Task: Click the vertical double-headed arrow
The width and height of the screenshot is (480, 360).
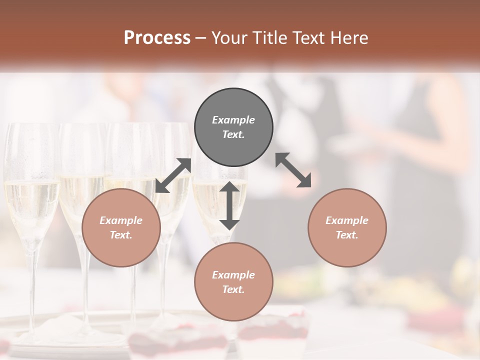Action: pos(229,205)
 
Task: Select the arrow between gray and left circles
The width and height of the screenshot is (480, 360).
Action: pos(173,175)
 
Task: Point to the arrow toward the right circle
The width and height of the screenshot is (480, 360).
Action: pos(293,170)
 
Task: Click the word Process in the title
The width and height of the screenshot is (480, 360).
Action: pos(157,38)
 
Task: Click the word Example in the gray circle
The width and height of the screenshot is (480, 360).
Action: pos(233,120)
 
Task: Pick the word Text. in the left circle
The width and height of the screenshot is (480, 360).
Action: pos(121,235)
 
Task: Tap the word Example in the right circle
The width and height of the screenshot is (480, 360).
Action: pos(347,220)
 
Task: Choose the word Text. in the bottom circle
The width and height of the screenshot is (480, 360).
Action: pos(233,289)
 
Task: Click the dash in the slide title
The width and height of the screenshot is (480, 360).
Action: pos(200,38)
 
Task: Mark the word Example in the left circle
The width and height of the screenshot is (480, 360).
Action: pos(121,220)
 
